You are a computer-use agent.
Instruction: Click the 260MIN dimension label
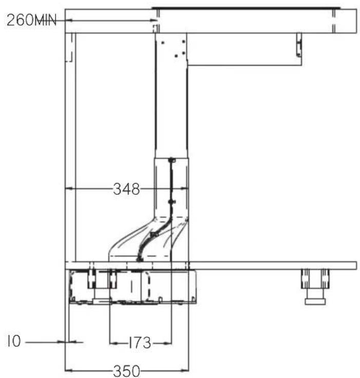click(32, 20)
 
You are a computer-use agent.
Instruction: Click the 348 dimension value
click(126, 189)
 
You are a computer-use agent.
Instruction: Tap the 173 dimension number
click(140, 343)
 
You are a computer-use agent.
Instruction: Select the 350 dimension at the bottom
click(126, 371)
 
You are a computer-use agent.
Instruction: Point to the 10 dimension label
click(14, 342)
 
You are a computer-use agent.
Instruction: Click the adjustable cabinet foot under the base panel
click(315, 287)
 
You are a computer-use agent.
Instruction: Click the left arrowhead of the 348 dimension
click(69, 189)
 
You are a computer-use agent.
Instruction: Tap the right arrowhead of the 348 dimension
click(184, 189)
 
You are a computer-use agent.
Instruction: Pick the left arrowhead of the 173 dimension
click(113, 343)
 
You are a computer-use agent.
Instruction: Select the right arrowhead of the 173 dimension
click(167, 343)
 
